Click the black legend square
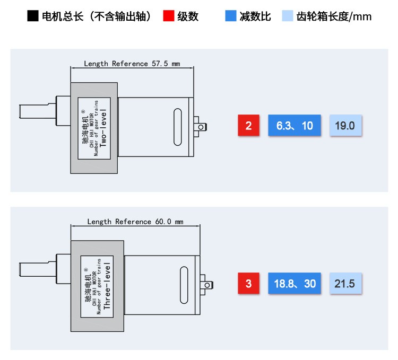33,16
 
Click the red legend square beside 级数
169,16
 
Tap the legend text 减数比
255,16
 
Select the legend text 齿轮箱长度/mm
334,16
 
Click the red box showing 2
248,125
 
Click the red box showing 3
248,283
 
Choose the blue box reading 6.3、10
295,125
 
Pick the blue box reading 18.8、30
295,283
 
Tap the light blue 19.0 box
345,125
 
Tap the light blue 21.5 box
345,283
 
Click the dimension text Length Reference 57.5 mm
132,64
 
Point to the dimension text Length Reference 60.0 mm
135,222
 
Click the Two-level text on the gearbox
103,128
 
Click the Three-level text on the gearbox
107,286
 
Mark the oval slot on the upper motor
178,127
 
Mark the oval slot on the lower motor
184,285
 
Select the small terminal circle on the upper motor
201,127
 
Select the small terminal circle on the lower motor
207,285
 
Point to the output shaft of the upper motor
38,111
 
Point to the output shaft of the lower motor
38,269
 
